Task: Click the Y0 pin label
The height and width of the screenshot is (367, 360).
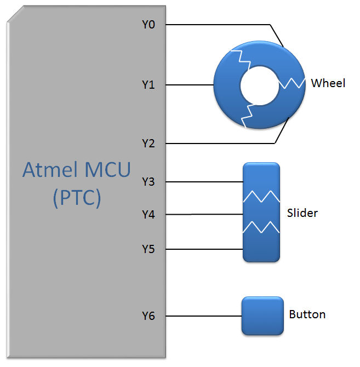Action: click(x=149, y=24)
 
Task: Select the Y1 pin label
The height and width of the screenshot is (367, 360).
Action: click(x=149, y=85)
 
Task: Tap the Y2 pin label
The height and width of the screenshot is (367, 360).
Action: click(x=149, y=144)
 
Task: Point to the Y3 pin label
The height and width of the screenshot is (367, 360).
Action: click(x=149, y=182)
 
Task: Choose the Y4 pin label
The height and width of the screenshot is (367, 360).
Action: click(x=149, y=215)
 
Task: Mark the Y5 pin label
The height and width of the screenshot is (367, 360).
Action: click(x=149, y=250)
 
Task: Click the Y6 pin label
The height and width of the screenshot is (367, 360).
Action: click(x=149, y=316)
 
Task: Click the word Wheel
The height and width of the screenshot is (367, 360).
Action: click(x=328, y=83)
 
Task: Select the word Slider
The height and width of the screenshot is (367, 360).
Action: click(x=302, y=213)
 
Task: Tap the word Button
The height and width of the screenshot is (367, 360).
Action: click(x=307, y=314)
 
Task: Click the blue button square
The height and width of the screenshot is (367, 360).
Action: click(x=262, y=316)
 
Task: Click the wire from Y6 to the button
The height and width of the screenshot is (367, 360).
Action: click(x=203, y=316)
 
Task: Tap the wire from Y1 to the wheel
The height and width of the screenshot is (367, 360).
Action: click(x=189, y=85)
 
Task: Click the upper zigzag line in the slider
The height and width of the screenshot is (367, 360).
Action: click(x=262, y=196)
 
